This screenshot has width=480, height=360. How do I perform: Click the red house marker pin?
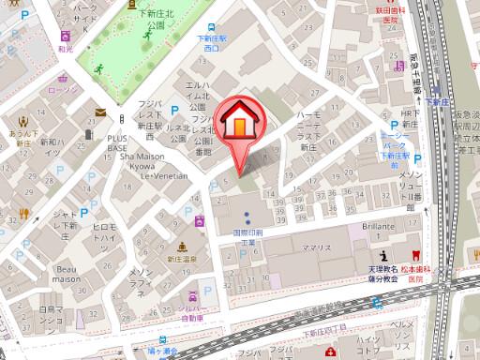tap(240, 126)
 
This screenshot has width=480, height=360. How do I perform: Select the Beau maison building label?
tap(66, 272)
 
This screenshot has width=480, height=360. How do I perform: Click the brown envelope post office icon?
tap(100, 112)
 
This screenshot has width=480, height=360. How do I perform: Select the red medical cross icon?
tap(330, 352)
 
